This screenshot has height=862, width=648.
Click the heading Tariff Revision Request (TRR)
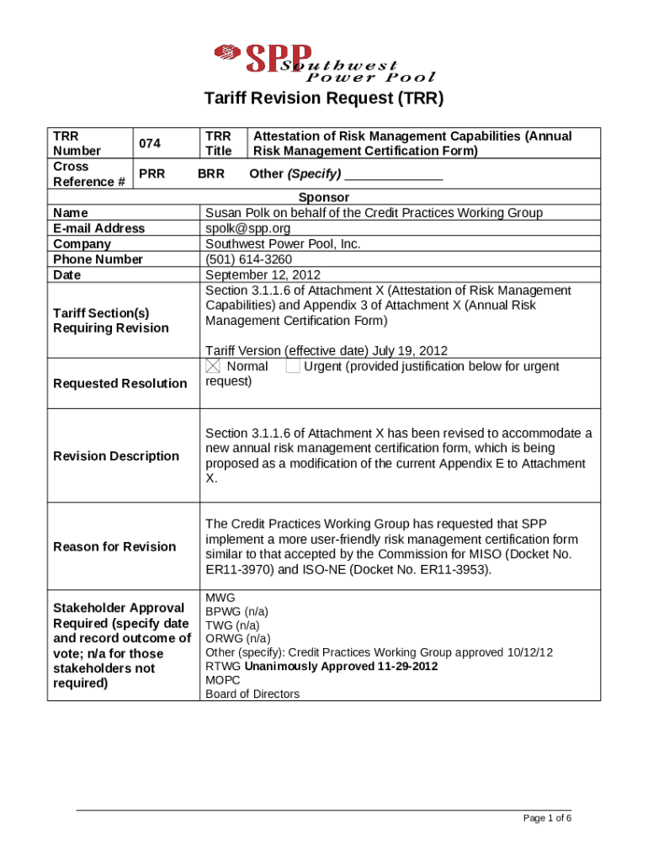coord(323,98)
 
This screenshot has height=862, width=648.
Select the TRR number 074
coord(150,143)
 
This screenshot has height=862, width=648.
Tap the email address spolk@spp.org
coord(247,228)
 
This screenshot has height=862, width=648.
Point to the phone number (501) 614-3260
coord(249,259)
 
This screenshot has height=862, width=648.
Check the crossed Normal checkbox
coord(213,366)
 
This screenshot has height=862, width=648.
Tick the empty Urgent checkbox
coord(292,366)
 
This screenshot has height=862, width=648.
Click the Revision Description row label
coord(116,455)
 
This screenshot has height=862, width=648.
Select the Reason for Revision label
coord(114,546)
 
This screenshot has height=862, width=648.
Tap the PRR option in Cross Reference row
coord(151,174)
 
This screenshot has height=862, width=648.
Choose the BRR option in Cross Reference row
coord(210,174)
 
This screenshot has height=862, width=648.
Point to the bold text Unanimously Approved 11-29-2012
coord(341,667)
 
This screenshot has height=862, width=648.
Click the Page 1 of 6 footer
coord(547,819)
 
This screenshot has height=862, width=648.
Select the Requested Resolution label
coord(120,383)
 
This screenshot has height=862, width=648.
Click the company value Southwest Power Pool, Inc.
coord(283,243)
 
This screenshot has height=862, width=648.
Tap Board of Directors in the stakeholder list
coord(252,694)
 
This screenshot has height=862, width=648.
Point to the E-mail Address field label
coord(98,228)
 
